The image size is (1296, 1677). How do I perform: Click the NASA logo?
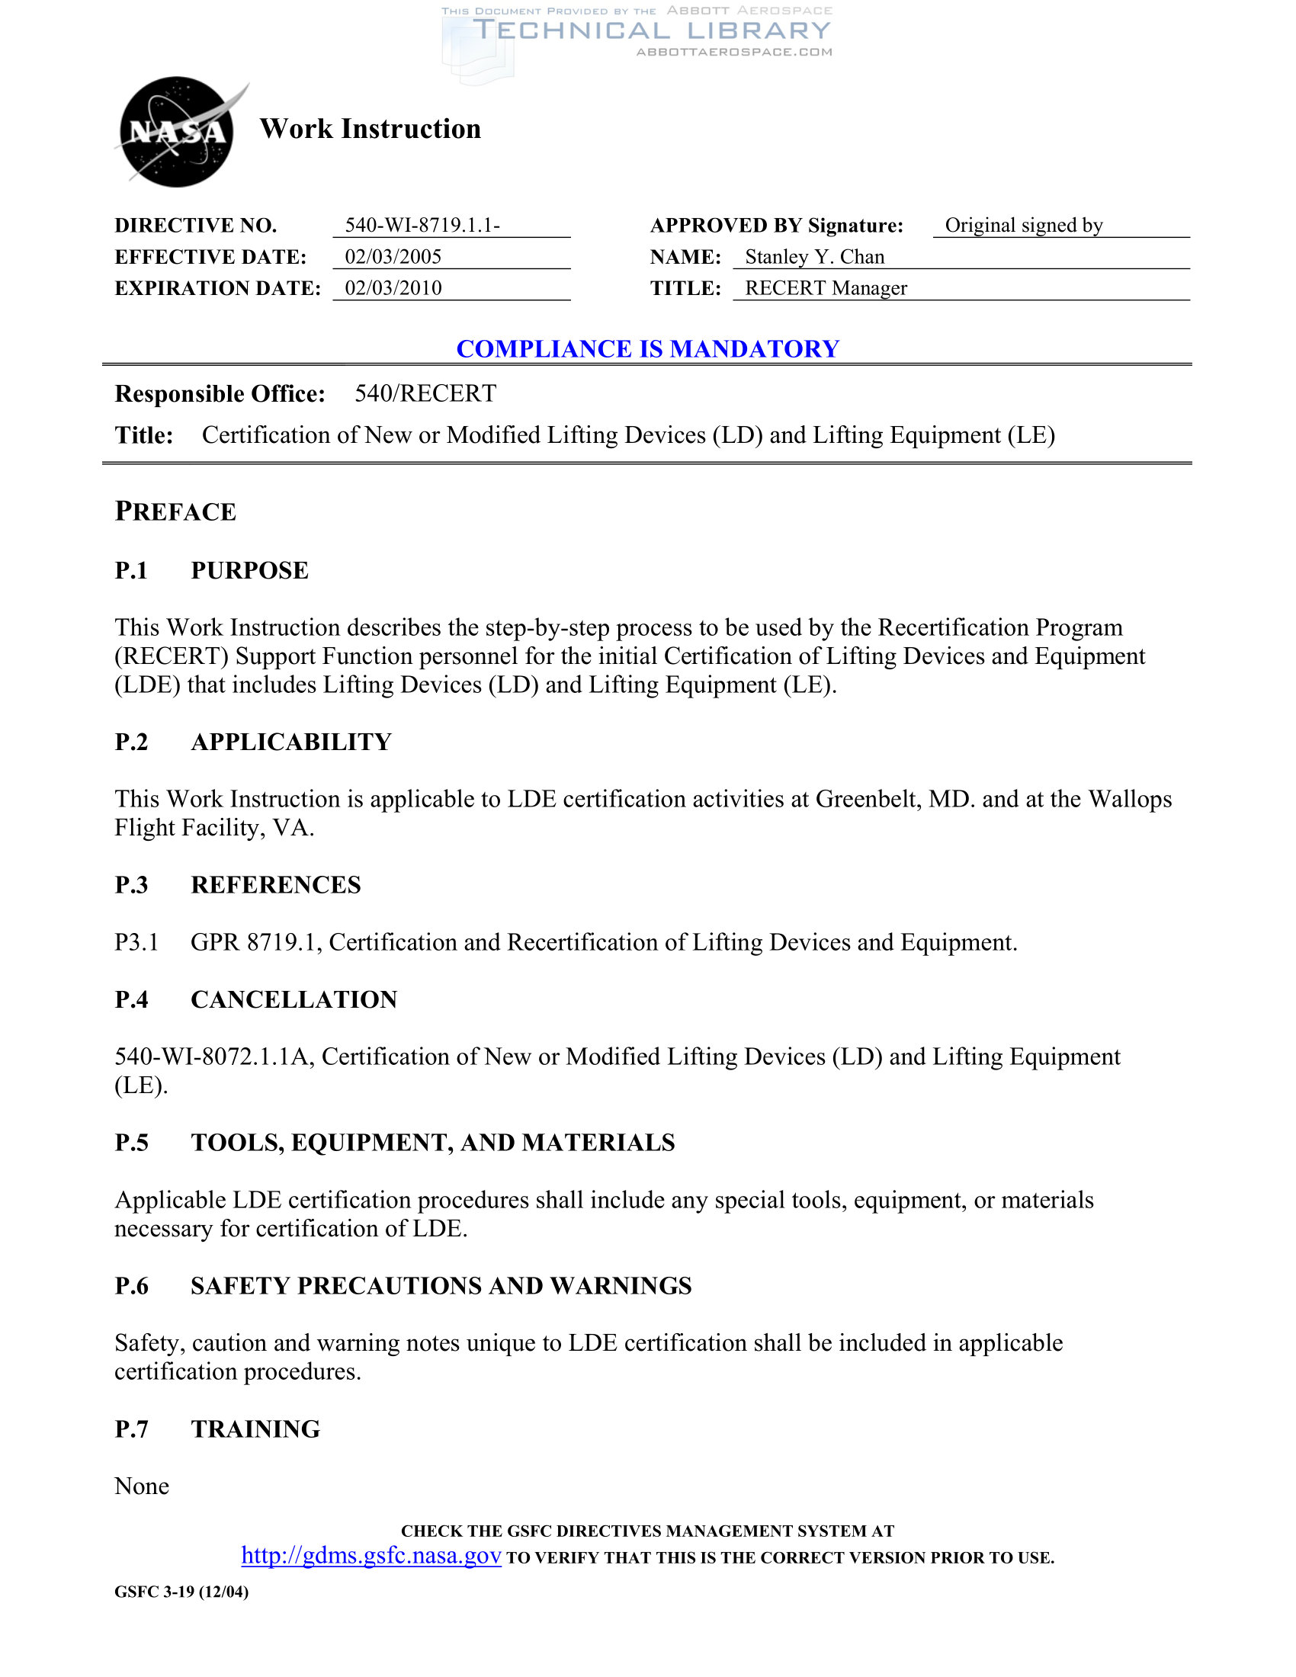point(177,132)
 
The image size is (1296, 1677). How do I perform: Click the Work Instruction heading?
point(370,129)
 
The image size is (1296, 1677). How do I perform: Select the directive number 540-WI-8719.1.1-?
point(422,225)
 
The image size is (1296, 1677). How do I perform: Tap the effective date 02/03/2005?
point(393,256)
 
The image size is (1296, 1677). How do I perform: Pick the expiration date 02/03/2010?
point(393,288)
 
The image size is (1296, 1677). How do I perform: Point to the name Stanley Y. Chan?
point(814,256)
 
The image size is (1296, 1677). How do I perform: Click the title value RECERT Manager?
point(826,288)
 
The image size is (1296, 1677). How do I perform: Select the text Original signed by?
point(1023,225)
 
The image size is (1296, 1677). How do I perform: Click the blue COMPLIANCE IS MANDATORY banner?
point(647,348)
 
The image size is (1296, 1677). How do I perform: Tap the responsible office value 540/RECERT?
point(425,393)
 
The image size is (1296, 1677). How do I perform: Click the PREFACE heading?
point(176,511)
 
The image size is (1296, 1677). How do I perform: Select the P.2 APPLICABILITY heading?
point(253,742)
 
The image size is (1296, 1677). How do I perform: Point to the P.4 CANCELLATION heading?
point(255,999)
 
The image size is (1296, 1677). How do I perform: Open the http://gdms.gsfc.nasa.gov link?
point(371,1556)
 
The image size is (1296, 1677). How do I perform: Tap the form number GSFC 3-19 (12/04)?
point(181,1592)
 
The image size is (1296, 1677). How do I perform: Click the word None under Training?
point(142,1486)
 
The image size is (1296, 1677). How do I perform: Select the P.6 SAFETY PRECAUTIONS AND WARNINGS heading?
point(403,1285)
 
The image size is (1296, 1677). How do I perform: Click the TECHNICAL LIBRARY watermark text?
point(652,30)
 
